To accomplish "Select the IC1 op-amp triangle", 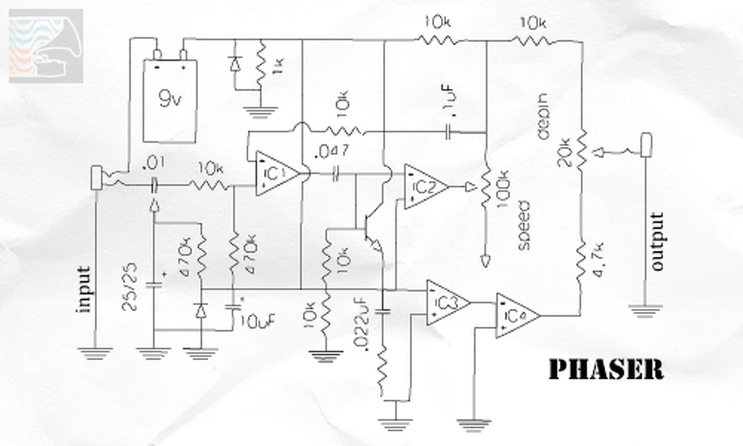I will click(x=275, y=173).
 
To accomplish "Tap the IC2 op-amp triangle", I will click(x=424, y=186).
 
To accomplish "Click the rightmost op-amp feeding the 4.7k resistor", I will click(x=515, y=315).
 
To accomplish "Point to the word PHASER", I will click(x=605, y=369).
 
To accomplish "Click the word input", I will click(x=85, y=289).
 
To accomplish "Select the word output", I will click(x=657, y=242).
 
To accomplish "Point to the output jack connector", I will click(x=645, y=145).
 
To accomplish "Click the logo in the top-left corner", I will click(x=46, y=46).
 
